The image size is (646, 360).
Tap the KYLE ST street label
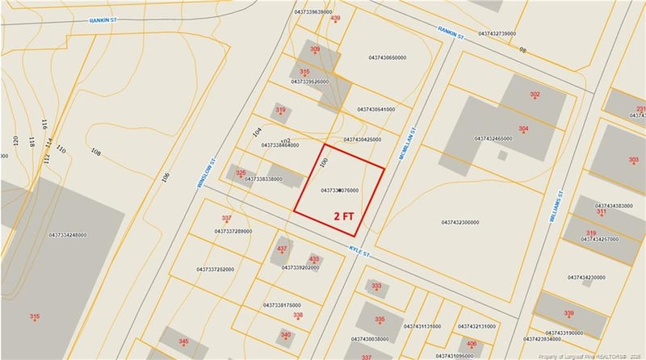[x=360, y=251]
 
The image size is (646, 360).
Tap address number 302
[x=535, y=94]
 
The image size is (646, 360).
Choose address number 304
[x=523, y=129]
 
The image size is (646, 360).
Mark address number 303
[x=632, y=160]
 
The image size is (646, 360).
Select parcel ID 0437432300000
[x=460, y=221]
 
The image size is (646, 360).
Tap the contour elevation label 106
[x=166, y=177]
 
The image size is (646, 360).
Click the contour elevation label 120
[x=15, y=141]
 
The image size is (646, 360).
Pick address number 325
[x=240, y=173]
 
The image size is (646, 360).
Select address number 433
[x=314, y=259]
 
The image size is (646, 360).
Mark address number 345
[x=183, y=342]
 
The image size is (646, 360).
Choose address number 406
[x=472, y=344]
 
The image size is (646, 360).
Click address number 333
[x=376, y=286]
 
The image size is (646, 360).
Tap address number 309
[x=315, y=49]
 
